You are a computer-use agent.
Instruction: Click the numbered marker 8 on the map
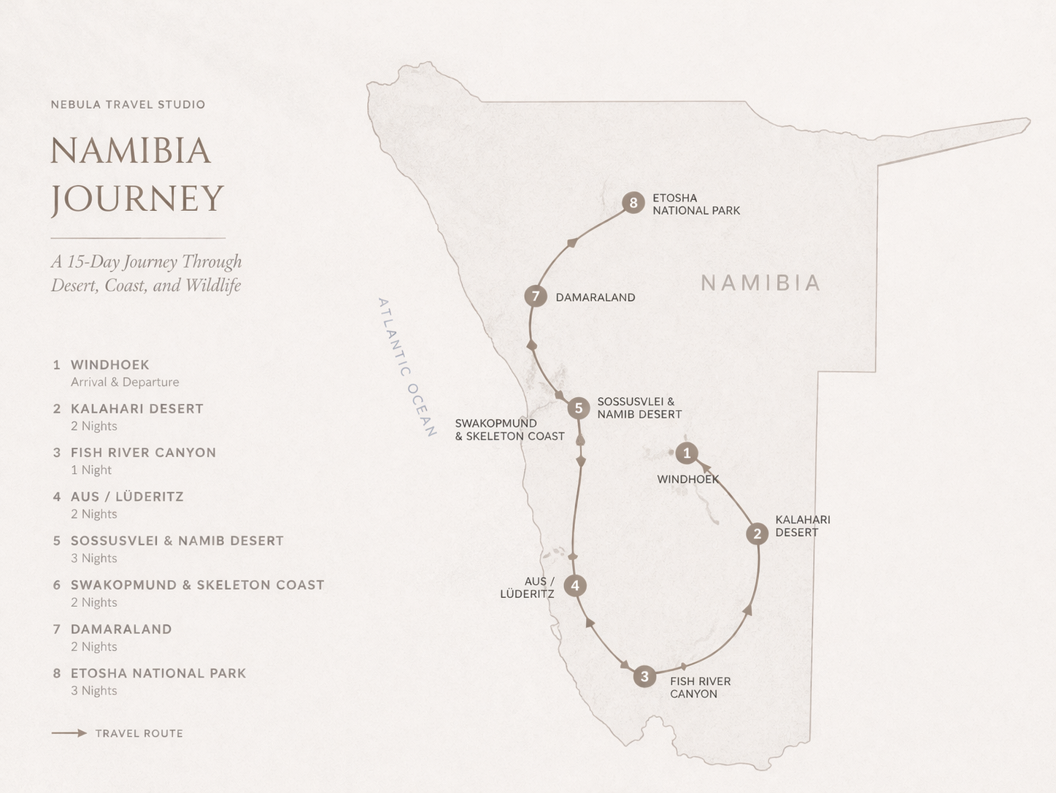(633, 203)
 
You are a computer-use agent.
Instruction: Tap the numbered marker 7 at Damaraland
(536, 296)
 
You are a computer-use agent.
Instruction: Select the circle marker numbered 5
(579, 408)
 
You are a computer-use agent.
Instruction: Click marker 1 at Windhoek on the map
(686, 453)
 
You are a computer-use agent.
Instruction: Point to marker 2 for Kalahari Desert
(758, 534)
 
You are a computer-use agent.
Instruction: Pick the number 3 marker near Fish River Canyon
(644, 677)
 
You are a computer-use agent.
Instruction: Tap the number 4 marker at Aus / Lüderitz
(576, 586)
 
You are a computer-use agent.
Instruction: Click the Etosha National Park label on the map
(695, 204)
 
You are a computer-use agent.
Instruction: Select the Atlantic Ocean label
(407, 367)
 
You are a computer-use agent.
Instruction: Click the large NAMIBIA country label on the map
(760, 283)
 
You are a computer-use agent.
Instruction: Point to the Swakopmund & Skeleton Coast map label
(509, 429)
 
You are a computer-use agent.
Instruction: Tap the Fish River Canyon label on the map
(700, 687)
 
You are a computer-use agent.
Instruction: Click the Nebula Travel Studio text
(128, 104)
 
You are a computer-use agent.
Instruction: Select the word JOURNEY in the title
(137, 199)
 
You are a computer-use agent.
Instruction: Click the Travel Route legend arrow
(69, 733)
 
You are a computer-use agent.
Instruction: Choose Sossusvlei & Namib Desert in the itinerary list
(177, 541)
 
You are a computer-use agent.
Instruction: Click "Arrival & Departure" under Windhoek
(125, 382)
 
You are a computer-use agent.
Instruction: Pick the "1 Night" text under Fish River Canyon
(91, 470)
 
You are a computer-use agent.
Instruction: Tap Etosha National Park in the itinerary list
(158, 673)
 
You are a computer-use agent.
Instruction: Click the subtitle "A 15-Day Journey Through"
(146, 262)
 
